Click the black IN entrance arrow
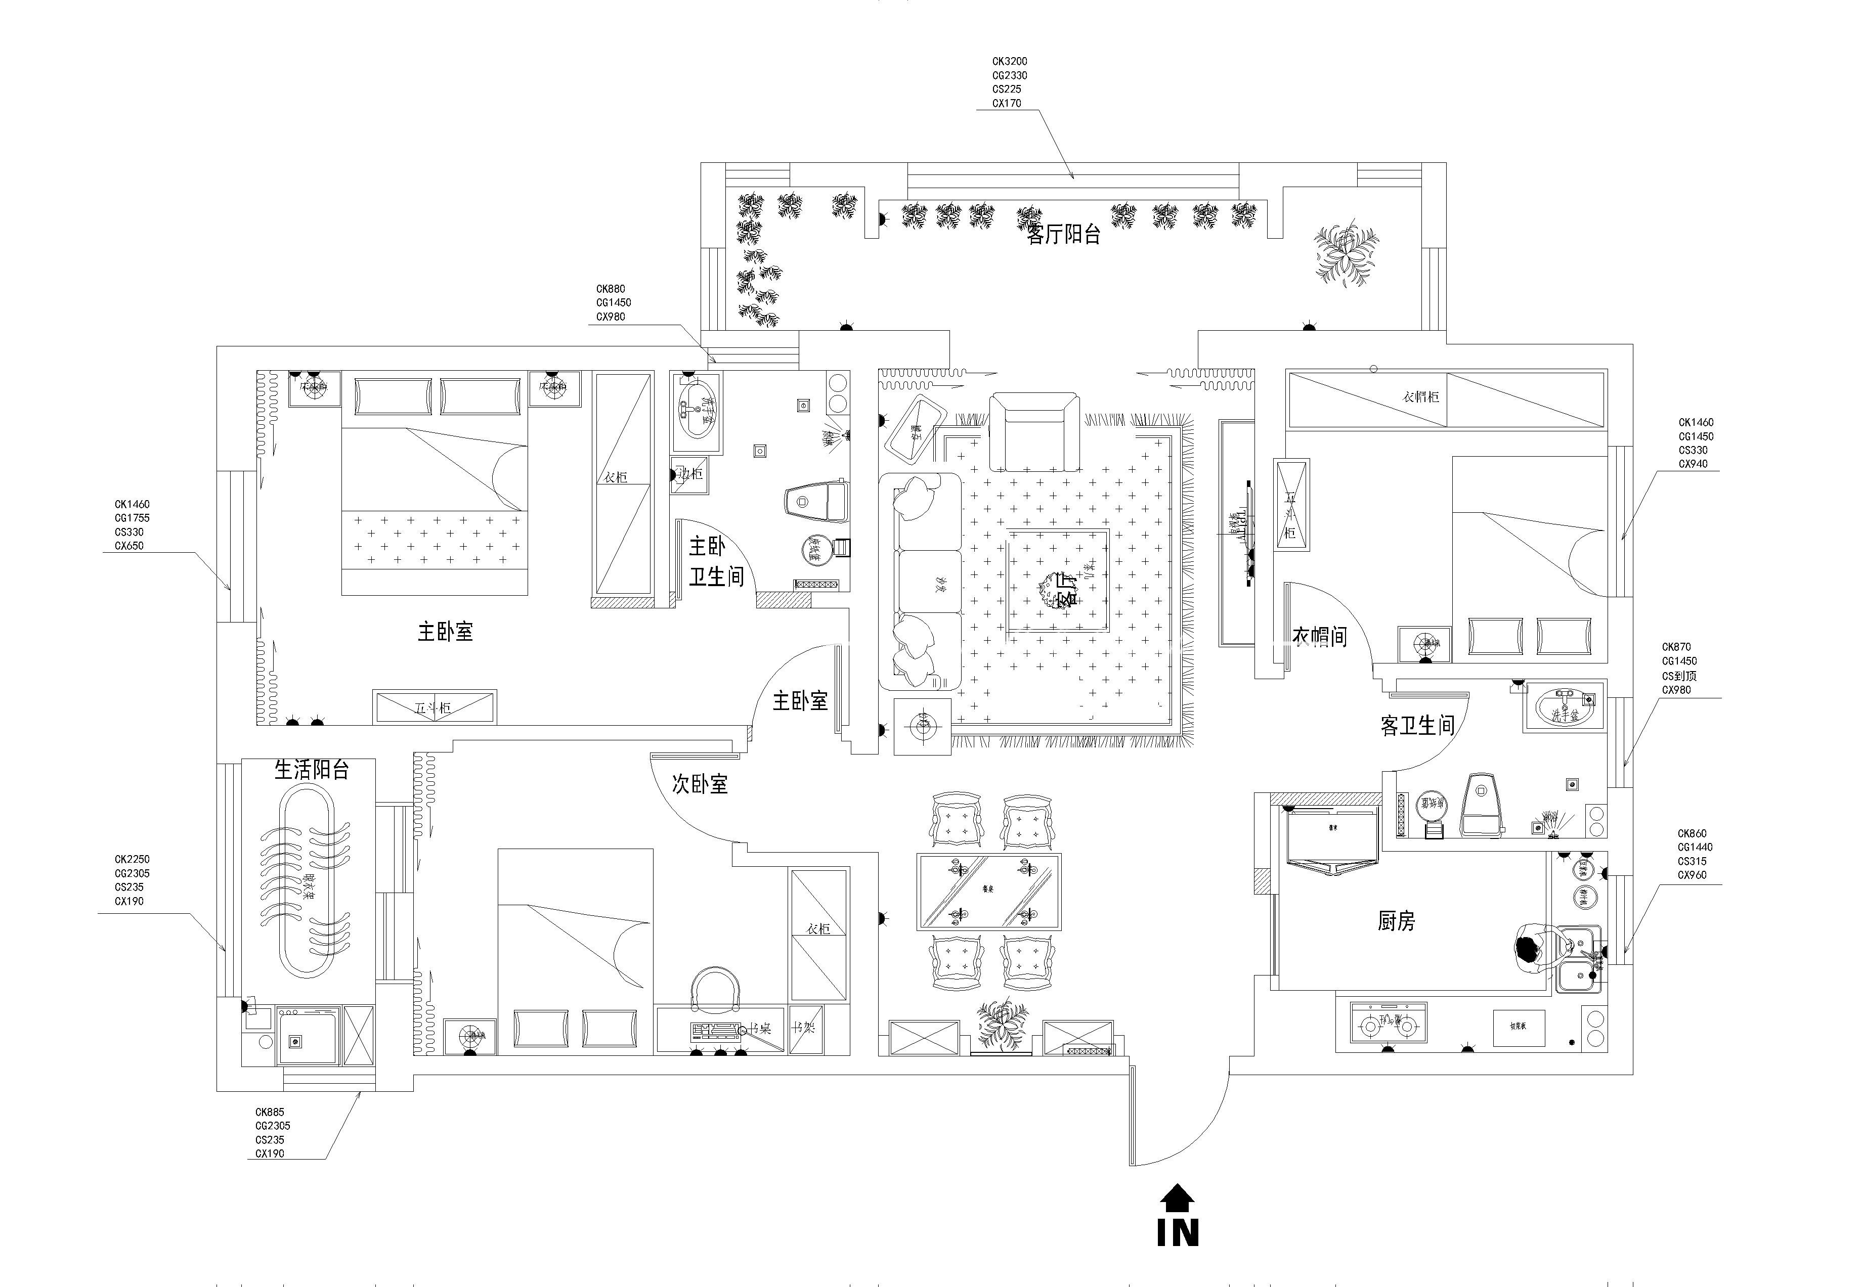pyautogui.click(x=1178, y=1197)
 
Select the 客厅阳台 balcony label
pyautogui.click(x=1064, y=235)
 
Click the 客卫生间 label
pyautogui.click(x=1417, y=726)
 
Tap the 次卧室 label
pyautogui.click(x=700, y=783)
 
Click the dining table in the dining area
pyautogui.click(x=988, y=891)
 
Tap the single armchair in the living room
pyautogui.click(x=1034, y=432)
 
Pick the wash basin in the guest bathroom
pyautogui.click(x=1563, y=705)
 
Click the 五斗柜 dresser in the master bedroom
pyautogui.click(x=434, y=707)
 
